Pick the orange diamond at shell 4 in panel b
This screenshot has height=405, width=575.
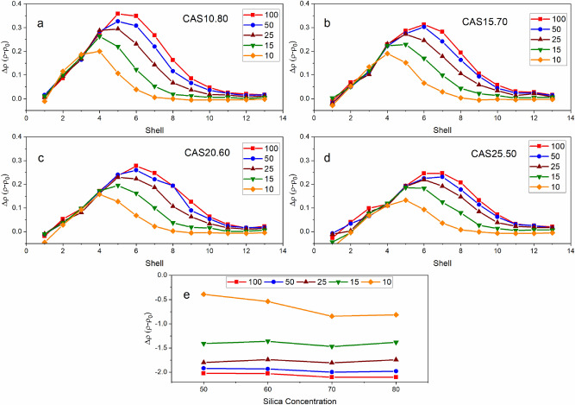[x=387, y=54]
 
